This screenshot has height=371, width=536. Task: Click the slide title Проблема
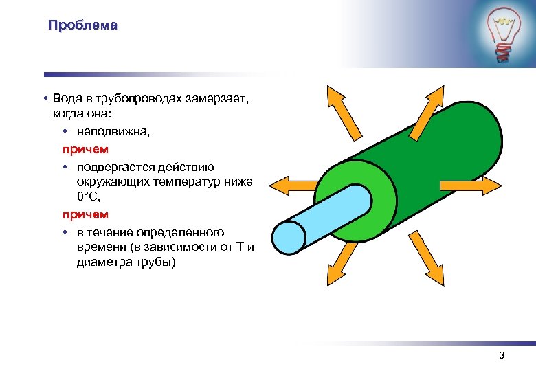pyautogui.click(x=82, y=26)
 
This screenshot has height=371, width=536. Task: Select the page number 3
pyautogui.click(x=501, y=356)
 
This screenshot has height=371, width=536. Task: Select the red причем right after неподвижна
pyautogui.click(x=85, y=148)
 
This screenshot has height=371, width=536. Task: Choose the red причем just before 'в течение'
pyautogui.click(x=85, y=214)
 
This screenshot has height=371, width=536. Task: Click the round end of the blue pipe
pyautogui.click(x=289, y=238)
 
